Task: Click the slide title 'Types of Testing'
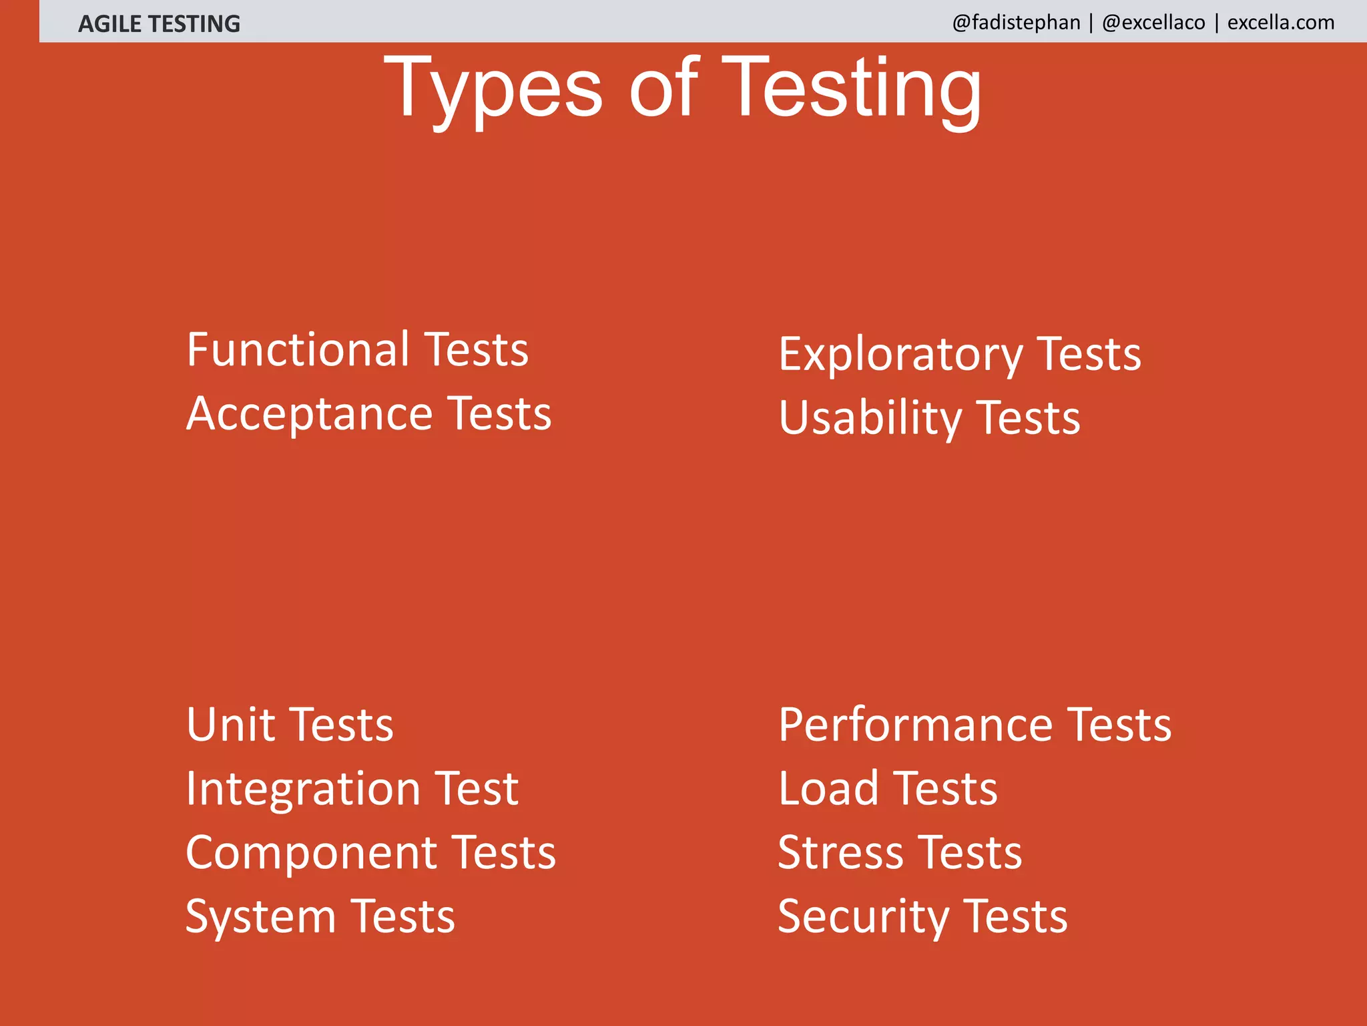point(682,88)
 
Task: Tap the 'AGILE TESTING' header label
point(159,24)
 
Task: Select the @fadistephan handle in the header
point(1016,23)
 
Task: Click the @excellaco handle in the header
point(1153,23)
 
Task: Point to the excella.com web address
point(1281,23)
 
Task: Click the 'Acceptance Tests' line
point(369,413)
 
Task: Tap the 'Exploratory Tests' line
point(960,354)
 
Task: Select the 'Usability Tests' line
point(929,418)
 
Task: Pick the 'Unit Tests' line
point(290,725)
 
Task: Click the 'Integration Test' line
point(352,789)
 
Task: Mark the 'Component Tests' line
point(371,853)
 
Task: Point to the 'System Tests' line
point(320,916)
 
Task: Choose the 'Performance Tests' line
point(975,725)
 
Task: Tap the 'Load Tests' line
point(888,789)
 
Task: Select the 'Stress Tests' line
point(900,853)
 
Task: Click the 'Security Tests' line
point(922,916)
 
